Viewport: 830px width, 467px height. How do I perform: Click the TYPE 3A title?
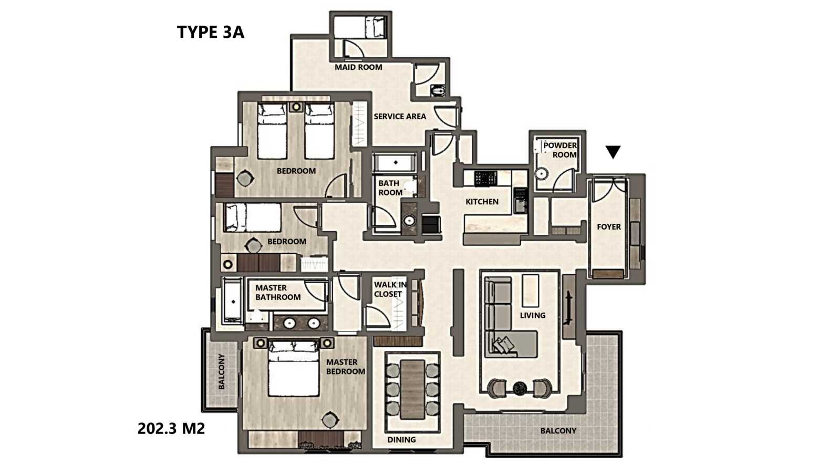[x=211, y=32]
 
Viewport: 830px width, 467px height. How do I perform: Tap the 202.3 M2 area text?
[x=171, y=429]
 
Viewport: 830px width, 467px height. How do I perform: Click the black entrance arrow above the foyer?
[x=613, y=152]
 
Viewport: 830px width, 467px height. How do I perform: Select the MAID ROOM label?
[x=358, y=67]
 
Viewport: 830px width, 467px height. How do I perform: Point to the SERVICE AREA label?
[x=400, y=117]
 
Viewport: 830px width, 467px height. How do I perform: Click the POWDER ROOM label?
[x=560, y=150]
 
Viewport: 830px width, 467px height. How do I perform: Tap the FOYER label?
[x=609, y=226]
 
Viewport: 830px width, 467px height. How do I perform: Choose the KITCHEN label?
[x=482, y=202]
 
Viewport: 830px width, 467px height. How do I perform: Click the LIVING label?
[x=533, y=315]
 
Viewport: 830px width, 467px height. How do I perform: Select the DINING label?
[x=402, y=440]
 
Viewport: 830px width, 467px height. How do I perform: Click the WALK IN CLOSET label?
[x=390, y=289]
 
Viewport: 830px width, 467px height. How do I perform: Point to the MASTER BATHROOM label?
[x=278, y=293]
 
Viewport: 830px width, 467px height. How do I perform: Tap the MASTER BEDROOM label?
[x=345, y=367]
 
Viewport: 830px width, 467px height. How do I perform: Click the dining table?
[x=412, y=390]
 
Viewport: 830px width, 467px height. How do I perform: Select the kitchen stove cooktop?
[x=485, y=178]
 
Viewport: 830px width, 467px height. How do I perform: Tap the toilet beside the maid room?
[x=438, y=90]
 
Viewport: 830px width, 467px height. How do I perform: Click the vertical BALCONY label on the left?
[x=222, y=371]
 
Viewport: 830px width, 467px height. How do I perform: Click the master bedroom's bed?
[x=294, y=369]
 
